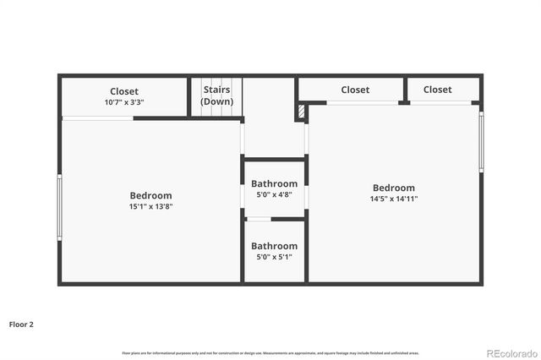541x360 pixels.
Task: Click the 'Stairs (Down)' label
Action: (216, 95)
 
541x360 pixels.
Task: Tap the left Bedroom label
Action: (150, 195)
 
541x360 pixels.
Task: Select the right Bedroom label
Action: (394, 188)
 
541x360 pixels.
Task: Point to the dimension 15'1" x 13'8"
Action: (150, 206)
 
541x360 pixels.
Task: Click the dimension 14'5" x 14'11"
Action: (394, 199)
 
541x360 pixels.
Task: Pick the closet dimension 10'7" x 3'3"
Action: (124, 102)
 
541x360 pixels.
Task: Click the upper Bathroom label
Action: (274, 183)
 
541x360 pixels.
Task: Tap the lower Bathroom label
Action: (274, 246)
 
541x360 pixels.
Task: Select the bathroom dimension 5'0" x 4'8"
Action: (274, 194)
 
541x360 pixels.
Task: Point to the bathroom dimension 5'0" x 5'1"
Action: (274, 257)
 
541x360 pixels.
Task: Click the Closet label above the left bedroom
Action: (124, 91)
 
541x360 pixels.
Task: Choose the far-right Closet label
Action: (437, 90)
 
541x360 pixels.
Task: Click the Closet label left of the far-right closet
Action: (355, 90)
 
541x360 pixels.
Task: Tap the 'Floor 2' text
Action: (21, 324)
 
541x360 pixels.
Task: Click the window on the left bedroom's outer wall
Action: (59, 207)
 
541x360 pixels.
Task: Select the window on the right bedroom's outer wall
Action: (482, 140)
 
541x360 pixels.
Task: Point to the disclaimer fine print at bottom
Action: (270, 352)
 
